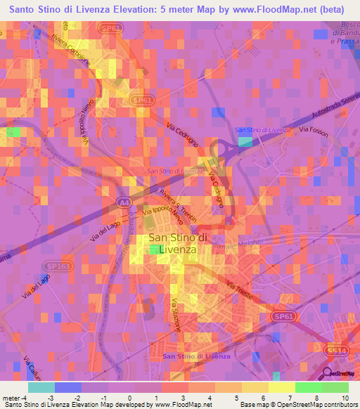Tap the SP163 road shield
52,267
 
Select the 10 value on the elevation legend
344,396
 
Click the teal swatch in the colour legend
41,387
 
